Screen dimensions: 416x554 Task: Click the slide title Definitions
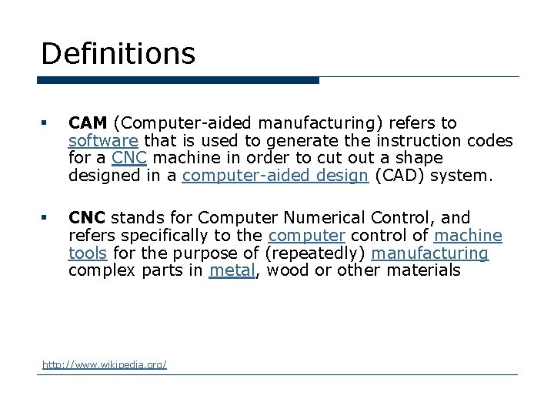118,53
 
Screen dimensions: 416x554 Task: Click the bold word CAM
88,123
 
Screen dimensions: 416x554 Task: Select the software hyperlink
103,141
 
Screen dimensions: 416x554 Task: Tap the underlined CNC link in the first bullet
128,158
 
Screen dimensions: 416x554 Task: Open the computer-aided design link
275,176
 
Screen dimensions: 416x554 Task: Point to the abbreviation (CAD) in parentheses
400,176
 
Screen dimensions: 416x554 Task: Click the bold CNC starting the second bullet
87,218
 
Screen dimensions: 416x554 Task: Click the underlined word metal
232,271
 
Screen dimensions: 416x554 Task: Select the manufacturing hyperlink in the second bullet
429,253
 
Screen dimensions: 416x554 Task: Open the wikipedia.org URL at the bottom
105,364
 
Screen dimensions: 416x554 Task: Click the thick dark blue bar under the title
178,80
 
